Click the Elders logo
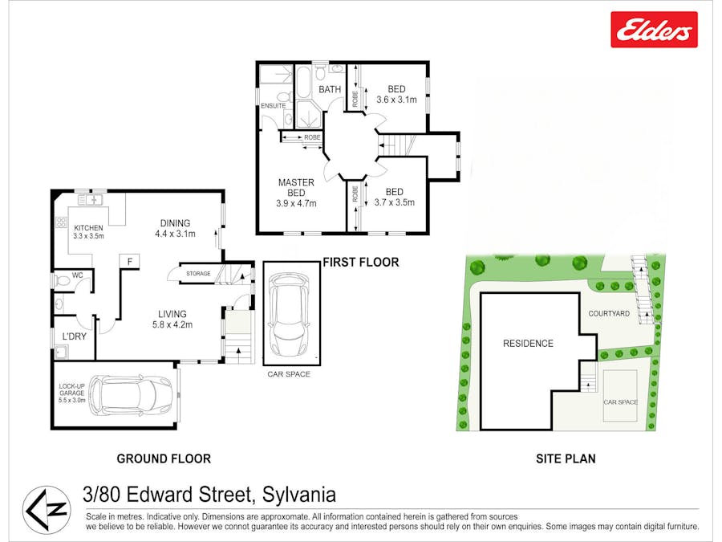point(654,30)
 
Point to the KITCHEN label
point(89,228)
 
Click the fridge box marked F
point(128,261)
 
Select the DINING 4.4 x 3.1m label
point(175,228)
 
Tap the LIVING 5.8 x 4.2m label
point(172,319)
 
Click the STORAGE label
point(198,274)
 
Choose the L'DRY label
point(74,336)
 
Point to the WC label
point(78,275)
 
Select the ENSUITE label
point(273,105)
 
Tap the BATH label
point(330,89)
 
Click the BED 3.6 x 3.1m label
point(396,94)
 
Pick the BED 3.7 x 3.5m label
point(394,197)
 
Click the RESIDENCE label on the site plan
point(528,344)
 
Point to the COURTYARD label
point(609,313)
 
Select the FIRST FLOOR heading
point(360,262)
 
